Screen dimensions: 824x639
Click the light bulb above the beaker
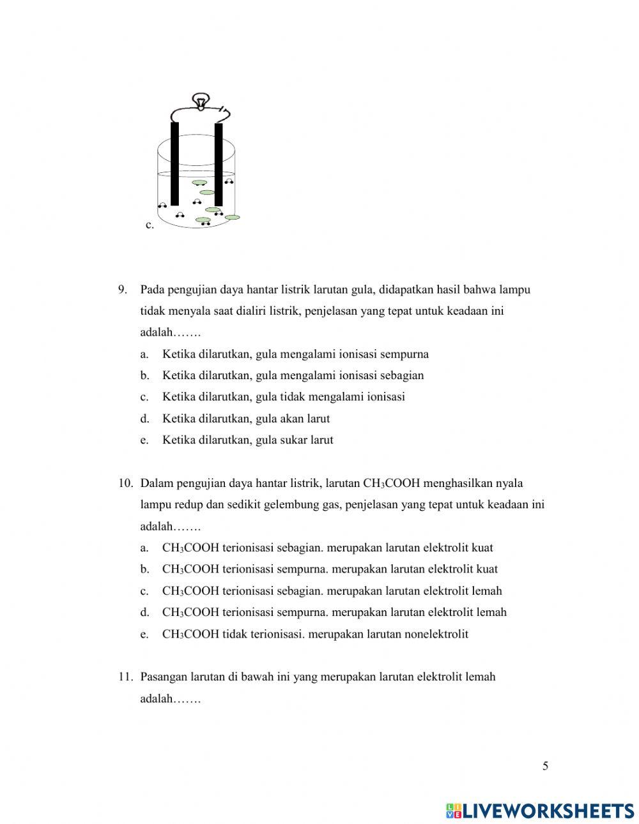(201, 101)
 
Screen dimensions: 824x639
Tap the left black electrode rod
(174, 163)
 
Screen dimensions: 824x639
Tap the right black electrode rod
(219, 163)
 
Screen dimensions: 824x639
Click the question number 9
(123, 290)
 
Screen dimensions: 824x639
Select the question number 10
(125, 483)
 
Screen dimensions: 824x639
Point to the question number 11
(125, 677)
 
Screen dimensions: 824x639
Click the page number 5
(545, 767)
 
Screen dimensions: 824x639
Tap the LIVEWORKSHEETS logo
(540, 811)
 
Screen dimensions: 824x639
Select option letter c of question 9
(144, 397)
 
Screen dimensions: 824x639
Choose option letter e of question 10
(144, 634)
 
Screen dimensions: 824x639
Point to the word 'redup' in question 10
(189, 505)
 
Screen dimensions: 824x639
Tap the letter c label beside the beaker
(150, 225)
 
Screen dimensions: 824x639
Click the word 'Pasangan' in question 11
(162, 677)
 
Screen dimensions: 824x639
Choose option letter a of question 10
(144, 548)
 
